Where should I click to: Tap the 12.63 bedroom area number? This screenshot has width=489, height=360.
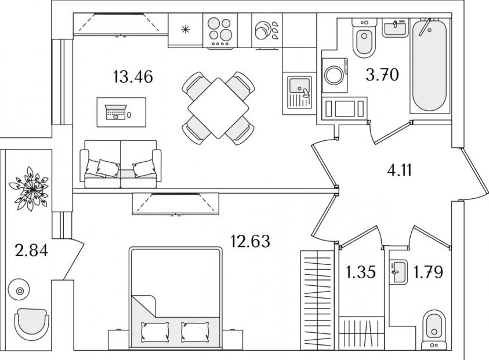pos(251,240)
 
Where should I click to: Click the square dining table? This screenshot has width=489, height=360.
pos(218,108)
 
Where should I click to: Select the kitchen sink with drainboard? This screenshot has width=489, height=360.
pos(299,93)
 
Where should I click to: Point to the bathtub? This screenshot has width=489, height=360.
pos(430,65)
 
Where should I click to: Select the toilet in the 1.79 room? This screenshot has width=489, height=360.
pos(433,329)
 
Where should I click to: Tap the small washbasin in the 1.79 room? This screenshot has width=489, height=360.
pos(398,270)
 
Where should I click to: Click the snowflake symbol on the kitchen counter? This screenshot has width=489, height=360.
pos(186,29)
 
